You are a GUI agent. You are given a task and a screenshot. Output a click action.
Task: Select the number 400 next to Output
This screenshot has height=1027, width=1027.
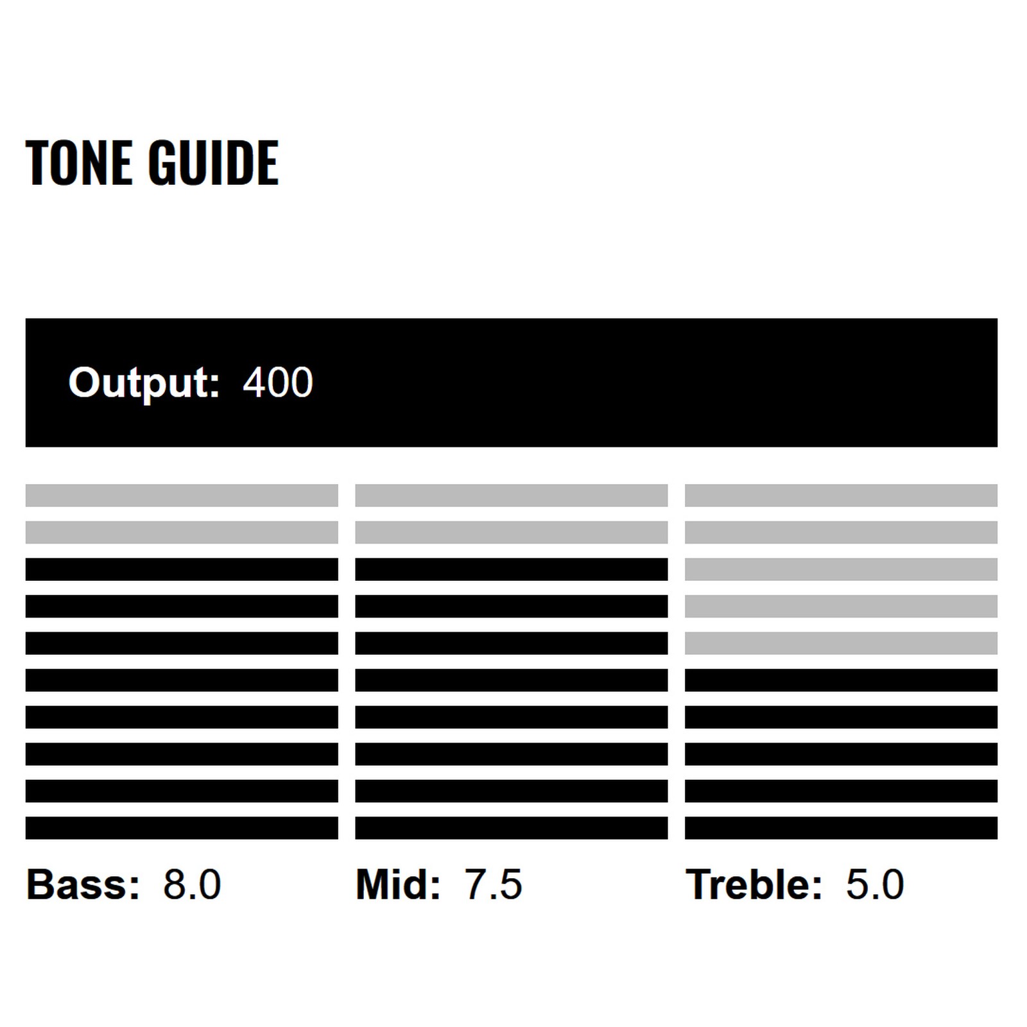tap(278, 383)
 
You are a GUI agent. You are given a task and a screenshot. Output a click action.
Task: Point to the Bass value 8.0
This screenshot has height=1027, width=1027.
tap(192, 885)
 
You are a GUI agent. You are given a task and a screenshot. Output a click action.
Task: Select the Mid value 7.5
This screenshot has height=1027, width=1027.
tap(493, 885)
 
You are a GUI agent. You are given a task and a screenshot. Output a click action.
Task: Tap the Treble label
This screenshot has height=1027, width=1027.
tap(754, 885)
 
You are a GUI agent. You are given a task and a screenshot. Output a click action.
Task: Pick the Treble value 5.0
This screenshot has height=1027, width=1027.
tap(875, 885)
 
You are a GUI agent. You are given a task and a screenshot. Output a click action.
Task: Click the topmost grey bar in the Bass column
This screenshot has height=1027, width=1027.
tap(182, 496)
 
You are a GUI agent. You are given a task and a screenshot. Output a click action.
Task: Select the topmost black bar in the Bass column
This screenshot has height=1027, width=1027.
tap(182, 569)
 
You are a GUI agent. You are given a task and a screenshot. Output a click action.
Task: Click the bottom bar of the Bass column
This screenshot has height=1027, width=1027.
tap(182, 828)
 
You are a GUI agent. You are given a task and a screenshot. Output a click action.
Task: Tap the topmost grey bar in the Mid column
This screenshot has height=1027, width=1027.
tap(511, 496)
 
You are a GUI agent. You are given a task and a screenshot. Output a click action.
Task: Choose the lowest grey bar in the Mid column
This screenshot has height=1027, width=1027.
tap(511, 532)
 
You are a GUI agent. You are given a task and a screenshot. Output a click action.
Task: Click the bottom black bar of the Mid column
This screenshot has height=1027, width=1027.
tap(511, 828)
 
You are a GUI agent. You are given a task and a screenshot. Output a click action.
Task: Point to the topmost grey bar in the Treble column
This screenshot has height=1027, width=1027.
tap(841, 496)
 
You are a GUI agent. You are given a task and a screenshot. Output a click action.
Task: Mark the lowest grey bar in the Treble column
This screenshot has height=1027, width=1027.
tap(841, 643)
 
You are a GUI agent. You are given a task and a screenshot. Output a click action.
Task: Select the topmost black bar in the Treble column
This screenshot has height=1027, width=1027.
tap(841, 680)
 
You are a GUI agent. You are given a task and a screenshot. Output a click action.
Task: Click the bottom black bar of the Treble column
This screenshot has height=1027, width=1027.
tap(841, 828)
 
